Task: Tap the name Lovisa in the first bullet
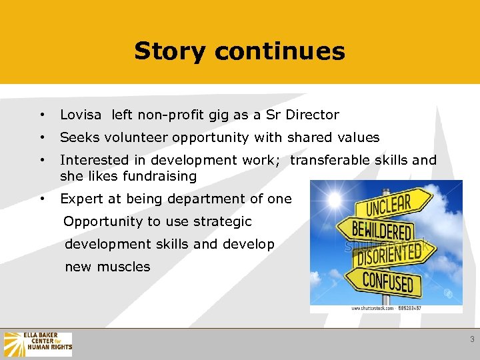click(x=81, y=115)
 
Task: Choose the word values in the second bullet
click(x=359, y=137)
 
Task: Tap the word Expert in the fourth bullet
click(x=80, y=199)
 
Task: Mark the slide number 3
click(x=472, y=339)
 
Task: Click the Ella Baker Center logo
click(x=38, y=344)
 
